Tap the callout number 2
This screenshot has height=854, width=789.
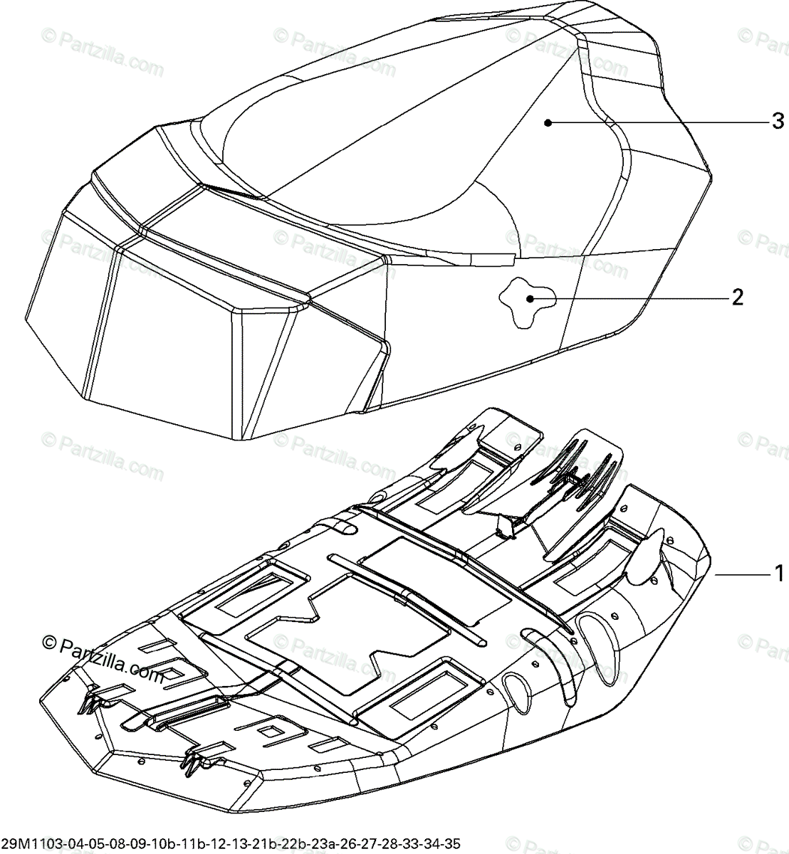(738, 297)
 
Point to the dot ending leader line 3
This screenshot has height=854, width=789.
(548, 122)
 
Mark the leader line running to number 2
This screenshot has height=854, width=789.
(627, 298)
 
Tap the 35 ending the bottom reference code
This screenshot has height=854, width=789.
(452, 844)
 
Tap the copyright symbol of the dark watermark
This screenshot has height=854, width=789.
(50, 643)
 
